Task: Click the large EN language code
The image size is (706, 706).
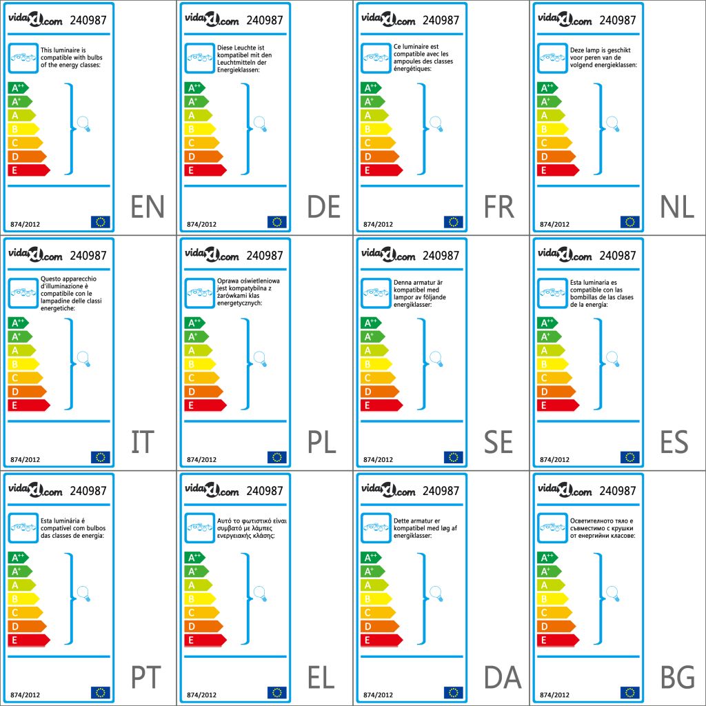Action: tap(148, 207)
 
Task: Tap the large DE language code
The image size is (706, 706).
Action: tap(324, 207)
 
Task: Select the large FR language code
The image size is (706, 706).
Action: tap(500, 207)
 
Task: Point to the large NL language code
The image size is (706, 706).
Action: tap(676, 207)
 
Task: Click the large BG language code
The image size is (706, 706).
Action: tap(676, 678)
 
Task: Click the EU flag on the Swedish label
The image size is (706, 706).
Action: tap(454, 457)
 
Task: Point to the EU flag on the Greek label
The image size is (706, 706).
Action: tap(277, 692)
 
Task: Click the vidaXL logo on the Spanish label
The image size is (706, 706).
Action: tap(565, 255)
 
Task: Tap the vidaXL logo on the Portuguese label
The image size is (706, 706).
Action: tap(35, 490)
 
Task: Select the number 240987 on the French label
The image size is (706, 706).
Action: tap(441, 20)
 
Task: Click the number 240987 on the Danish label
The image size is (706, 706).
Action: tap(441, 491)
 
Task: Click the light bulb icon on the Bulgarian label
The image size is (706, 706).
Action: tap(612, 593)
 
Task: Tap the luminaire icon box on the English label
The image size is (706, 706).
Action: tap(23, 58)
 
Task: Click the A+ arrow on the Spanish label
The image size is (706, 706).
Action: tap(545, 336)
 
